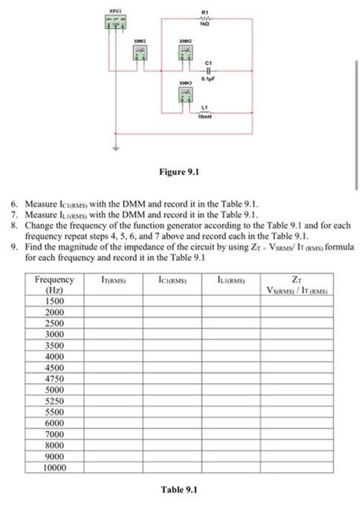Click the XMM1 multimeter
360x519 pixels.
point(141,52)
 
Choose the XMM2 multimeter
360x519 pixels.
point(184,52)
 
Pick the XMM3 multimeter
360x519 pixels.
point(184,95)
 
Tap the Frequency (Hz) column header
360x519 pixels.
point(54,285)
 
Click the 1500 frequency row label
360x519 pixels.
point(54,300)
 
